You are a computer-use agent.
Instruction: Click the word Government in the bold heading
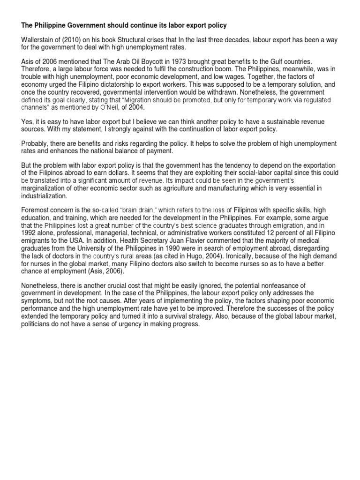75,24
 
